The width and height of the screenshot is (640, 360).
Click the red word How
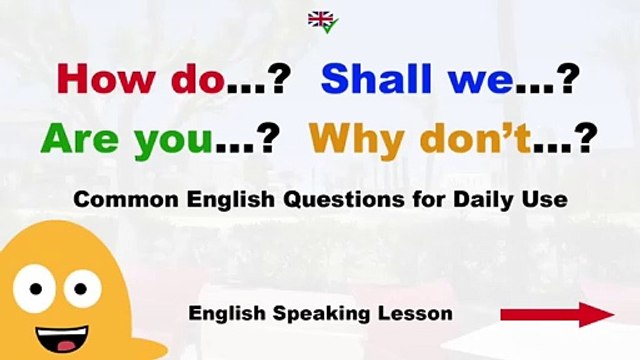click(106, 79)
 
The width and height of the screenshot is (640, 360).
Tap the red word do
click(198, 79)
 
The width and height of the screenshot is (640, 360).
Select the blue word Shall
click(376, 78)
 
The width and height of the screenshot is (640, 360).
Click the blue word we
click(480, 83)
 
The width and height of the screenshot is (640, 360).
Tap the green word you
click(173, 143)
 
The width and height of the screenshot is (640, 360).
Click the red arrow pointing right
click(558, 315)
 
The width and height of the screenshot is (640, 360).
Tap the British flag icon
click(320, 19)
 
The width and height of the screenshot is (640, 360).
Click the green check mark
click(330, 27)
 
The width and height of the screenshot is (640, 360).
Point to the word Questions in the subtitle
click(344, 200)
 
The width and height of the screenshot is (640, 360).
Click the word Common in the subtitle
click(126, 200)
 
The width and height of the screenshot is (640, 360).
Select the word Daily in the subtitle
click(483, 201)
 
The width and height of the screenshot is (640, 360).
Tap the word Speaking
click(321, 314)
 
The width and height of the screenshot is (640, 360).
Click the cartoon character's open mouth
click(62, 338)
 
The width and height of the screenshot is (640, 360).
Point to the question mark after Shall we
click(569, 79)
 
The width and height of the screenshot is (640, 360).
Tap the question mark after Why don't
click(587, 138)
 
